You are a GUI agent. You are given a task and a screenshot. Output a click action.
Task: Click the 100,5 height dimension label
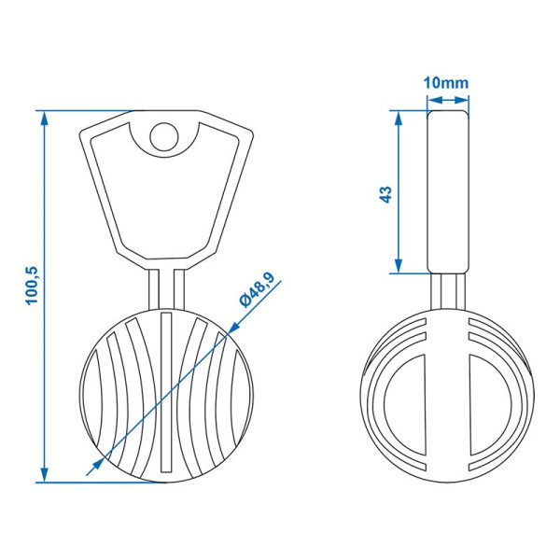pyautogui.click(x=32, y=286)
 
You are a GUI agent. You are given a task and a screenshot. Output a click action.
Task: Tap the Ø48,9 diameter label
pyautogui.click(x=257, y=289)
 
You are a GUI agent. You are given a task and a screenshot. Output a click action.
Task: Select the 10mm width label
pyautogui.click(x=446, y=83)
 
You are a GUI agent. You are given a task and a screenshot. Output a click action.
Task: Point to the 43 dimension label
pyautogui.click(x=385, y=194)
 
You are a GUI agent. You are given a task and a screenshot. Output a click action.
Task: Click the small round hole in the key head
pyautogui.click(x=164, y=137)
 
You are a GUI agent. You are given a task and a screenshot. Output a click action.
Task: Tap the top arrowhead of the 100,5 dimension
pyautogui.click(x=44, y=118)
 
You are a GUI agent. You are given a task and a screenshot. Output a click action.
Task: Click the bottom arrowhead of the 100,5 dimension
pyautogui.click(x=44, y=475)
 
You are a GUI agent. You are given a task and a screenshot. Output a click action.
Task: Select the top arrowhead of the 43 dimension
pyautogui.click(x=399, y=118)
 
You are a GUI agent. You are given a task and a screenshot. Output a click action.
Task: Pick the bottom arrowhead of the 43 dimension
pyautogui.click(x=399, y=266)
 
